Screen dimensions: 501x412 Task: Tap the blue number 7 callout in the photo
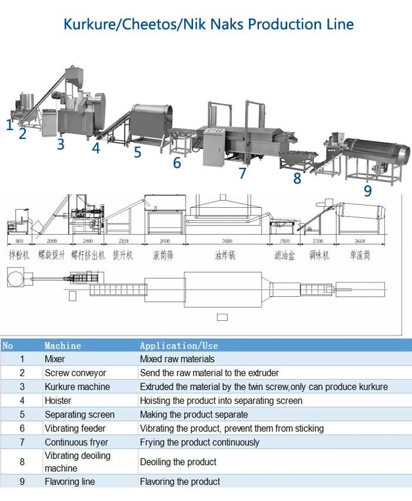pos(242,172)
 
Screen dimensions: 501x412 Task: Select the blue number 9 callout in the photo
pos(368,190)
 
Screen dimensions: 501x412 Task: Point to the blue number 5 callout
pos(137,152)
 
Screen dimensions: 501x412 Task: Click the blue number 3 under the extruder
pos(61,144)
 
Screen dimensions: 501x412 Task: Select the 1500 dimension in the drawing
pos(284,241)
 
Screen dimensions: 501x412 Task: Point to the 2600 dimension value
pos(360,241)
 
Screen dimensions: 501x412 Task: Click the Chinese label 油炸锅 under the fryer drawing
pos(225,256)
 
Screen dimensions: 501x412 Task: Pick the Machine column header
pos(63,346)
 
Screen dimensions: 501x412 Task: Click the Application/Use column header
pos(179,346)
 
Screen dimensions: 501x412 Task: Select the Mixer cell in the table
pos(55,359)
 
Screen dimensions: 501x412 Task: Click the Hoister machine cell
pos(58,400)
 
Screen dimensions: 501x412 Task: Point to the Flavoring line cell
pos(69,482)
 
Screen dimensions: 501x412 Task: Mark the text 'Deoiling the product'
pos(178,462)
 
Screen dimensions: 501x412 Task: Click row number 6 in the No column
pos(22,429)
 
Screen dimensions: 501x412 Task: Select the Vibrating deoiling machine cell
pos(78,462)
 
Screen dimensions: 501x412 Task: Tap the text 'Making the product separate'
pos(192,414)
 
